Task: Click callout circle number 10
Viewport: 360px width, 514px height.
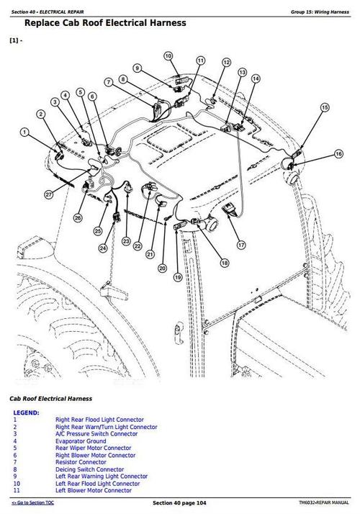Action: point(168,55)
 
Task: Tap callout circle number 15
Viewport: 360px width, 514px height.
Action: point(325,107)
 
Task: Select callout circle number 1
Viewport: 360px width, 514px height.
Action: point(25,132)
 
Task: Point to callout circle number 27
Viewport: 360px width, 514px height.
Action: point(48,194)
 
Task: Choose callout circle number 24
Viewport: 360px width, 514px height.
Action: point(103,249)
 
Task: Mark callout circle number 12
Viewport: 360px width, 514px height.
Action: point(226,63)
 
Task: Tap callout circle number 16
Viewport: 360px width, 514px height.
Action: point(338,153)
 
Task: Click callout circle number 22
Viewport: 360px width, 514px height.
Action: point(137,246)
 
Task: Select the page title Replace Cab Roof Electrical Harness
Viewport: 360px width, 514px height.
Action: point(105,23)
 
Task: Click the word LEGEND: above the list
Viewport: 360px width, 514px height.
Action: point(27,412)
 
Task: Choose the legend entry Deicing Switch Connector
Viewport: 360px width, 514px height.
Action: point(90,469)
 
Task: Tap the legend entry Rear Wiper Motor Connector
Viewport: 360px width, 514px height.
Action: point(92,448)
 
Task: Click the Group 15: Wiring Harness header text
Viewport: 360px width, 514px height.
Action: point(320,12)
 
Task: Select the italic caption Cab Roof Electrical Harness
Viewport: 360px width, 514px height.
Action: point(50,397)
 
